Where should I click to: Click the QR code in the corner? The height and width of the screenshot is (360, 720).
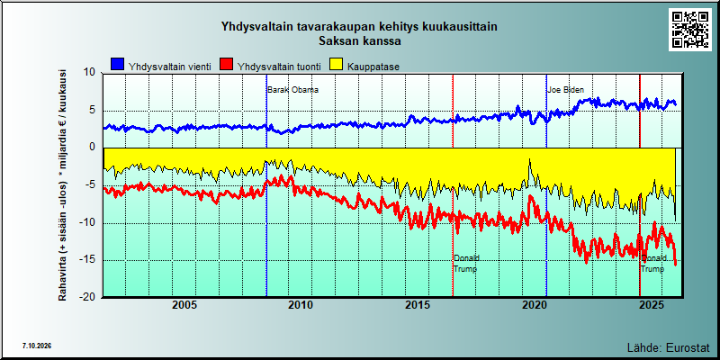689,30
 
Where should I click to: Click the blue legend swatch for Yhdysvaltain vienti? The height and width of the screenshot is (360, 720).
118,65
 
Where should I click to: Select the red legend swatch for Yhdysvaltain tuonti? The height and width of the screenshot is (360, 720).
227,65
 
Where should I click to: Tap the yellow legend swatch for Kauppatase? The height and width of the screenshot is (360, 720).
337,65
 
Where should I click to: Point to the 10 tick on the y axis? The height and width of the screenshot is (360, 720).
89,73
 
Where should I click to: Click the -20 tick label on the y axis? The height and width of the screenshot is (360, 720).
87,298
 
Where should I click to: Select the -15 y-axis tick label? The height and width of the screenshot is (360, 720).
87,260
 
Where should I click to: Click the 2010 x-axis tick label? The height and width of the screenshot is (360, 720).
301,305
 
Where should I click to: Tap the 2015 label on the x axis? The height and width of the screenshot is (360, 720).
418,305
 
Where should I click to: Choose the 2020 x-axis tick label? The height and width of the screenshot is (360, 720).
535,305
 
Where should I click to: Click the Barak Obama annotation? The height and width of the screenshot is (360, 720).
293,90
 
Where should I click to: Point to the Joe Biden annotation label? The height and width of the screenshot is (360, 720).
566,90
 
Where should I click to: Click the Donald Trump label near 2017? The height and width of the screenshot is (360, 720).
466,264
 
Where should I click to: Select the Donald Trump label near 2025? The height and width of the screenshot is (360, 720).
653,264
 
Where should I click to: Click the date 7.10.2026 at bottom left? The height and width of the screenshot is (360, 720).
36,346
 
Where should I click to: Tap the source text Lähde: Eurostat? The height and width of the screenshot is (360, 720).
668,346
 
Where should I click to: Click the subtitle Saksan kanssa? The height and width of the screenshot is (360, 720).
360,40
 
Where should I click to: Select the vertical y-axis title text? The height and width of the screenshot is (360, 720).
62,185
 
